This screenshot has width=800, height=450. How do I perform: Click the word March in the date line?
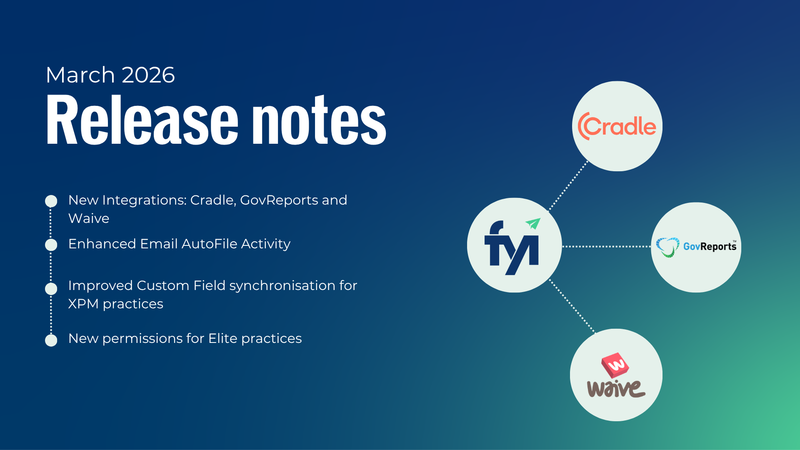(80, 75)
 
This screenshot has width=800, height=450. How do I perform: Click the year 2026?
(148, 75)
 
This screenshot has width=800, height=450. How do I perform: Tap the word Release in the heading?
(142, 120)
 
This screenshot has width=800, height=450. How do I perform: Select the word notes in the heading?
(320, 120)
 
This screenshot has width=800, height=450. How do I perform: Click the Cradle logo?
(617, 126)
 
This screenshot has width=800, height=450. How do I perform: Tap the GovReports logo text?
(710, 246)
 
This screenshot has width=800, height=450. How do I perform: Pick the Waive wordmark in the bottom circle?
(616, 388)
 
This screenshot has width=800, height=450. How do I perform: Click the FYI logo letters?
(512, 248)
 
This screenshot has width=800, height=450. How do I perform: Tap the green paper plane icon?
(533, 223)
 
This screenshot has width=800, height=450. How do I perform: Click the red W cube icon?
(615, 365)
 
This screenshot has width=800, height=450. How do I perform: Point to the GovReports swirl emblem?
(667, 247)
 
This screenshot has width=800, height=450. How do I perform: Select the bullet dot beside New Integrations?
(51, 201)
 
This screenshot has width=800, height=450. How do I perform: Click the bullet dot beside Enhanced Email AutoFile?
(51, 245)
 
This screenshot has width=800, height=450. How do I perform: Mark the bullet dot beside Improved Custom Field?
(51, 289)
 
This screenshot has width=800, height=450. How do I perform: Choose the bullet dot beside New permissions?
(51, 340)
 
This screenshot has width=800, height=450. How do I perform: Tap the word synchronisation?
(282, 286)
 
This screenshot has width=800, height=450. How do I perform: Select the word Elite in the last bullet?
(223, 338)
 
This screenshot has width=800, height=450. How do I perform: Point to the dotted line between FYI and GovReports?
(606, 246)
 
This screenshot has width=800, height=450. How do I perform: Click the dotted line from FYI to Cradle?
(568, 186)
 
